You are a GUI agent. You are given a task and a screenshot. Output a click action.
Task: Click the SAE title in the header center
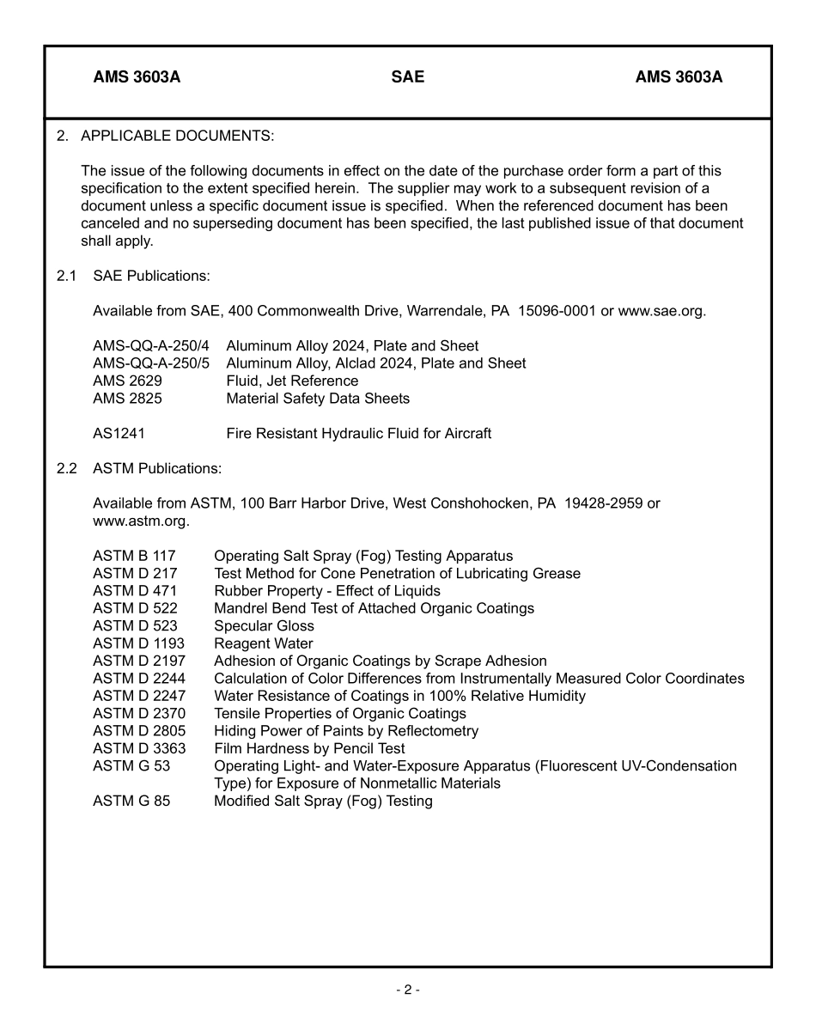[x=407, y=77]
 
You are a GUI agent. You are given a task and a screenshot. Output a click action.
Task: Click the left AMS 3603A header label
[x=137, y=77]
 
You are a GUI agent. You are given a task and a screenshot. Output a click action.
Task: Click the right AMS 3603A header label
[x=679, y=77]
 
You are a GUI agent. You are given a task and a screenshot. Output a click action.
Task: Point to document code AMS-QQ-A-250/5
[x=151, y=363]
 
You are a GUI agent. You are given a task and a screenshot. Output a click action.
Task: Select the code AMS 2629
[x=127, y=381]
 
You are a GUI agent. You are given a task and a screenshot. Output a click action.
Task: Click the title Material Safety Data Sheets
[x=318, y=399]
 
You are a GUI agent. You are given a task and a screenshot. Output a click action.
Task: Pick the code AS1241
[x=119, y=434]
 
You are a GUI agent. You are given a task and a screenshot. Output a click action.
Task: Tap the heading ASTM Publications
[x=157, y=468]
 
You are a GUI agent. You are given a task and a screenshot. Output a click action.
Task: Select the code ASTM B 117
[x=134, y=556]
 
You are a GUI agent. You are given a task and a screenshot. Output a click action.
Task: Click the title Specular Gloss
[x=264, y=626]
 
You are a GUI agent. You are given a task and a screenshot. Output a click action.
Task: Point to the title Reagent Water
[x=263, y=643]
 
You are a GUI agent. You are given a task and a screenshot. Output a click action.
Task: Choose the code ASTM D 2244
[x=138, y=679]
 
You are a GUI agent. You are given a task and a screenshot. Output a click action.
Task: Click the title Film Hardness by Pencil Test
[x=309, y=748]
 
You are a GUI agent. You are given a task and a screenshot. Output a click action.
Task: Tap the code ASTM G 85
[x=131, y=801]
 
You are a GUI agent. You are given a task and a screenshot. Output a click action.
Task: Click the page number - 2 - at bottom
[x=407, y=990]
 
